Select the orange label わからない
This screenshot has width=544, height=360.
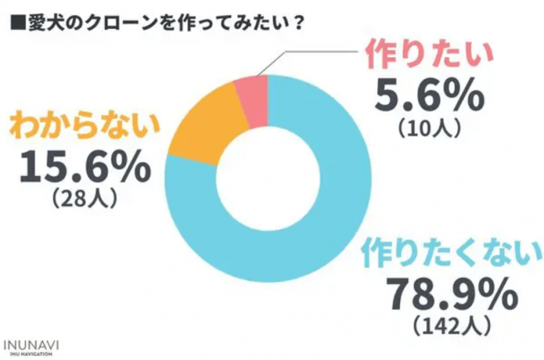(84, 127)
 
